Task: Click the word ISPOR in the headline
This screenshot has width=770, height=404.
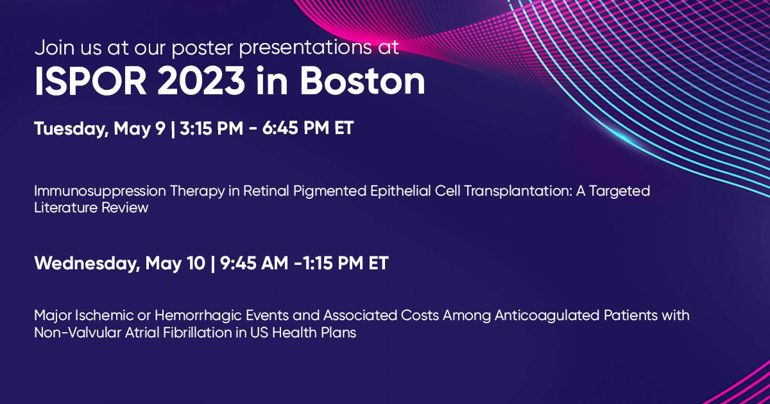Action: coord(90,81)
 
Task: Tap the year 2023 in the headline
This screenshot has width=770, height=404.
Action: coord(201,81)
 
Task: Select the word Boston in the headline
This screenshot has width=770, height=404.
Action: coord(363,81)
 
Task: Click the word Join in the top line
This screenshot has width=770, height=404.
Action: coord(55,47)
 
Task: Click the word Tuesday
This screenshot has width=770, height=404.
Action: coord(71,129)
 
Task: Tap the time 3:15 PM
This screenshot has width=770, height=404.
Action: coord(211,128)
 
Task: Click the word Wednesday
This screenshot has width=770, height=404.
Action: coord(87,264)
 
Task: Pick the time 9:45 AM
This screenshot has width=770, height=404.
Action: coord(254,263)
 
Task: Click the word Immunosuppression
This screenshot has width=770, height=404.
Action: coord(99,192)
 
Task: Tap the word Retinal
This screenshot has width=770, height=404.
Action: coord(266,191)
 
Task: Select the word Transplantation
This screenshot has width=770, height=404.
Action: coord(518,192)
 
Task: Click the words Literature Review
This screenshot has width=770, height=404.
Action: coord(91,208)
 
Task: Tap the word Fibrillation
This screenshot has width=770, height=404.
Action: coord(198,333)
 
